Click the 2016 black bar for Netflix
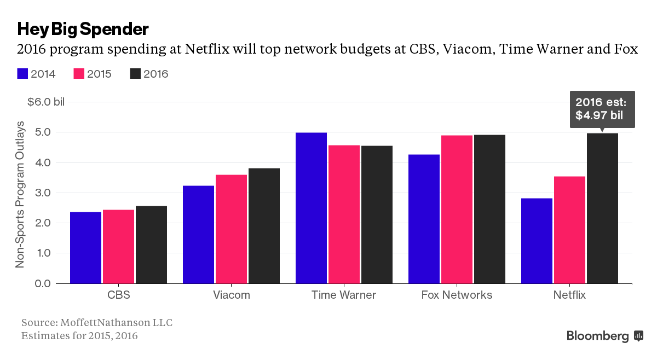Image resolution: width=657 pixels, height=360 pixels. pos(602,208)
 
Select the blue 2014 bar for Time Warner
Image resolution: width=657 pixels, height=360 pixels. pos(311,208)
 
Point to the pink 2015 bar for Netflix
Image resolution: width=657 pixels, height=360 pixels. pos(569,230)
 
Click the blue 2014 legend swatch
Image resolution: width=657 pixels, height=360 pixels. pos(22,74)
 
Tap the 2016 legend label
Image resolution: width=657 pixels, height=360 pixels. pos(156,74)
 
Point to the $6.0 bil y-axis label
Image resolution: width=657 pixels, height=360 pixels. pos(45,102)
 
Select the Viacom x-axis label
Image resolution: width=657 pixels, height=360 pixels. pos(231,295)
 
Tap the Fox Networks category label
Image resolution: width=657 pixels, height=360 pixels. pos(457,295)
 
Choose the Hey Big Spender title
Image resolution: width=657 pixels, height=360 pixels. pos(83,28)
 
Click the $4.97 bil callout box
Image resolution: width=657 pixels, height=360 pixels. pos(602,109)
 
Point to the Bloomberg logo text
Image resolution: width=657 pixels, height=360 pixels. pos(597,336)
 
